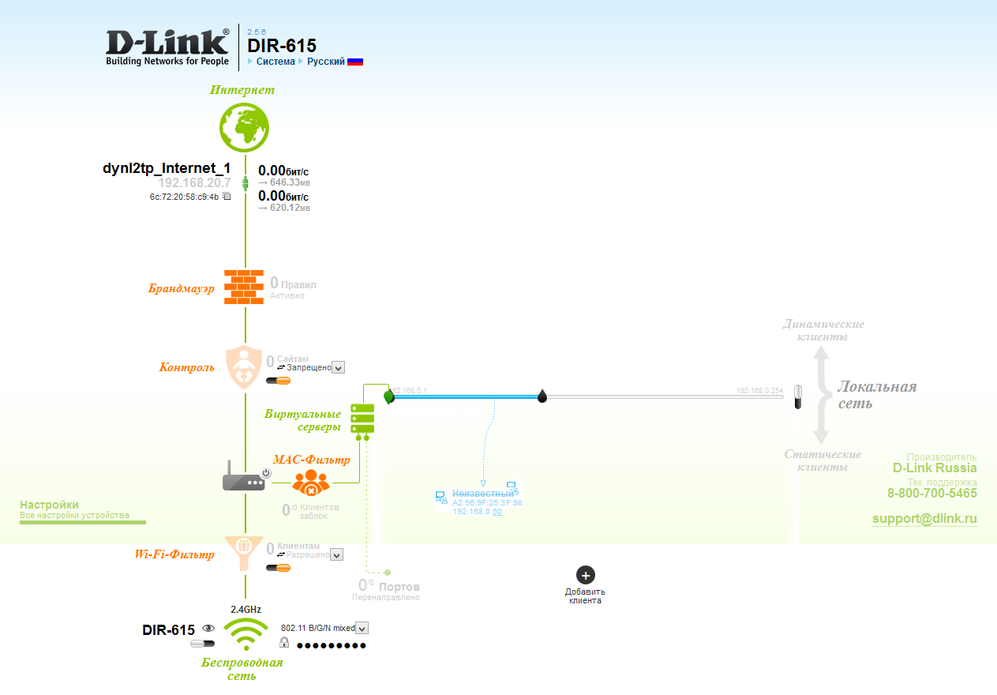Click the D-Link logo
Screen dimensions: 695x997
167,47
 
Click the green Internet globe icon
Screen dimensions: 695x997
244,126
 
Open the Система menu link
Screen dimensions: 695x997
275,62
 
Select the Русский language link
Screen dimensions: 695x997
326,62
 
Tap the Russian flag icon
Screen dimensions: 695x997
355,62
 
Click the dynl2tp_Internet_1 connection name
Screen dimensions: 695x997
167,168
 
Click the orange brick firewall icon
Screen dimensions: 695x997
244,287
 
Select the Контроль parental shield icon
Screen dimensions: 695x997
244,366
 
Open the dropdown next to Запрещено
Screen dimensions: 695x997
339,367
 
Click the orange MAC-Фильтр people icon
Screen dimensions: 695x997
311,482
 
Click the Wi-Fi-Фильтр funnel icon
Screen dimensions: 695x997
244,553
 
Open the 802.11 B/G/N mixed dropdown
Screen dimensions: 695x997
362,628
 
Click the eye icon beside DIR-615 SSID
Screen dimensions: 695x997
209,629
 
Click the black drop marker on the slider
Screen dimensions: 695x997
542,396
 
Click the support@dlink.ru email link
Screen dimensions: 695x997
924,519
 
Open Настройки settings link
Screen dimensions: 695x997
49,505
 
